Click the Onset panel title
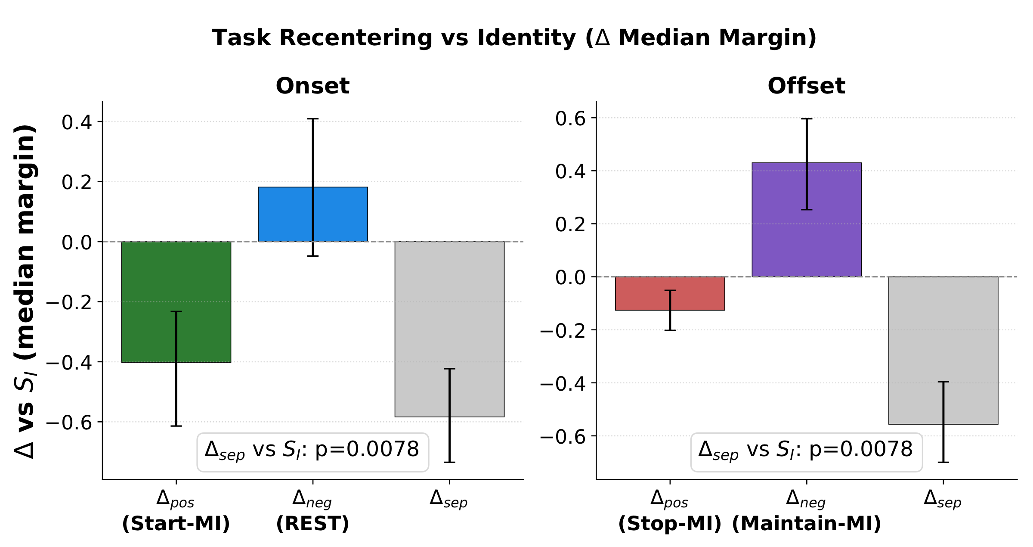(312, 86)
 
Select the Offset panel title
(806, 86)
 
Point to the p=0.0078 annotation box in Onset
(312, 452)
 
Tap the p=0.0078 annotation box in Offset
(806, 452)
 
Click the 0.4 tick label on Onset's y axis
(77, 122)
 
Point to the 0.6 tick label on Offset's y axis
(570, 118)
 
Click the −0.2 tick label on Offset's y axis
(563, 331)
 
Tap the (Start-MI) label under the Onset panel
(176, 524)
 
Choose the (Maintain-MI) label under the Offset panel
(806, 524)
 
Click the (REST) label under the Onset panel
(312, 524)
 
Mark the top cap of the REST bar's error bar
(313, 119)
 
